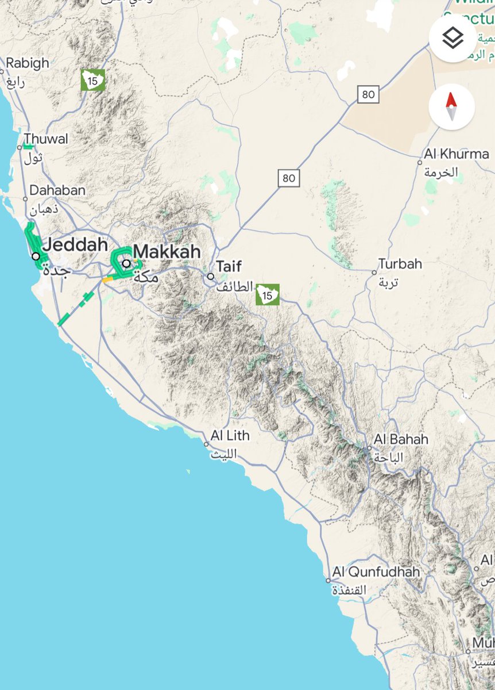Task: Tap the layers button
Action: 453,39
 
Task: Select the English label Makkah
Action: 167,251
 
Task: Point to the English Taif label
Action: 229,266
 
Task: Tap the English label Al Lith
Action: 230,436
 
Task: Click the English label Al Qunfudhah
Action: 376,572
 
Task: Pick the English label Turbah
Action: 400,264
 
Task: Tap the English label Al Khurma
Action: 457,154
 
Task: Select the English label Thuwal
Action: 46,139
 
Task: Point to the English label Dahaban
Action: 57,190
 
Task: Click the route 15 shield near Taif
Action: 267,294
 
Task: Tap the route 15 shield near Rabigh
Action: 92,79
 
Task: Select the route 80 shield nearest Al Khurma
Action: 368,94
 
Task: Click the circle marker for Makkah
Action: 126,263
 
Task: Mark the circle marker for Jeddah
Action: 36,256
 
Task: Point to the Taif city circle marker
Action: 211,277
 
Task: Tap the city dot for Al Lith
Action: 206,444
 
